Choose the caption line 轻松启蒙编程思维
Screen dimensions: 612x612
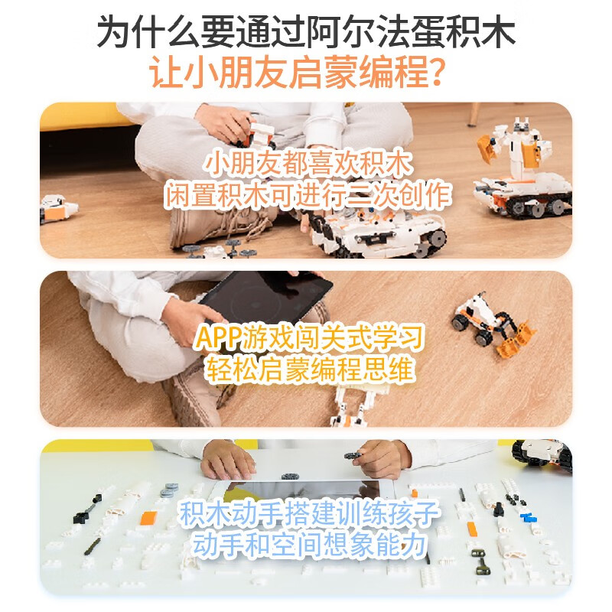coord(309,371)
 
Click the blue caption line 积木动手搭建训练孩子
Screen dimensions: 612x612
coord(309,513)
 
